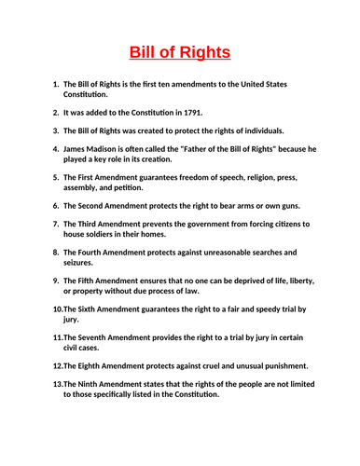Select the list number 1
click(x=55, y=84)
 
